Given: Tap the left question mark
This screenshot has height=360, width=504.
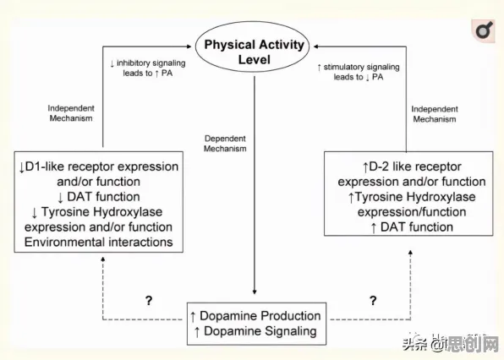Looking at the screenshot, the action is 149,300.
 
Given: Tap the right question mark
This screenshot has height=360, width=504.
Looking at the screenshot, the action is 373,300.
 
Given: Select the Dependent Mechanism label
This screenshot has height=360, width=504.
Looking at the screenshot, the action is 225,144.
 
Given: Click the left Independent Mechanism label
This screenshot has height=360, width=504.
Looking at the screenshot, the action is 71,113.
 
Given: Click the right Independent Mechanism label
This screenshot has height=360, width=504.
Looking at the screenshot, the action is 435,114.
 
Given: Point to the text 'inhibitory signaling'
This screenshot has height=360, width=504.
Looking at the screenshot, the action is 151,63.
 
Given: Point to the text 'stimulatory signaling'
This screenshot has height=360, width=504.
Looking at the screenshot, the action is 362,67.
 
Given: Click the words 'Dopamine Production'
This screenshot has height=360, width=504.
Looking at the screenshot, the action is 260,316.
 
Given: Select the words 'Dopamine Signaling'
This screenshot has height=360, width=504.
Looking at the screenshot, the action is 260,331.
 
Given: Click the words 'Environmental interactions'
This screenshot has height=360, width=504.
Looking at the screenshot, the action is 98,243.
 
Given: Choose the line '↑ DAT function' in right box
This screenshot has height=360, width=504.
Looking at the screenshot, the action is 412,227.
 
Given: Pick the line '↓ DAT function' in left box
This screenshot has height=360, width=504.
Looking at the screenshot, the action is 98,197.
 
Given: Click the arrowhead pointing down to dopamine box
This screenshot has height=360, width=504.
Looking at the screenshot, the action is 255,292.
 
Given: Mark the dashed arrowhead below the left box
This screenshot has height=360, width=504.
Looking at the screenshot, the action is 103,259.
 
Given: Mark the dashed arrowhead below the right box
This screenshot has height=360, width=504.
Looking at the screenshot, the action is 410,253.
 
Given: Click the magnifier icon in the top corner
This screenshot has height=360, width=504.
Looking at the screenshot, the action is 483,30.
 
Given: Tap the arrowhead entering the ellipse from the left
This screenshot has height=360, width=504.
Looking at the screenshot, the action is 189,46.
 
